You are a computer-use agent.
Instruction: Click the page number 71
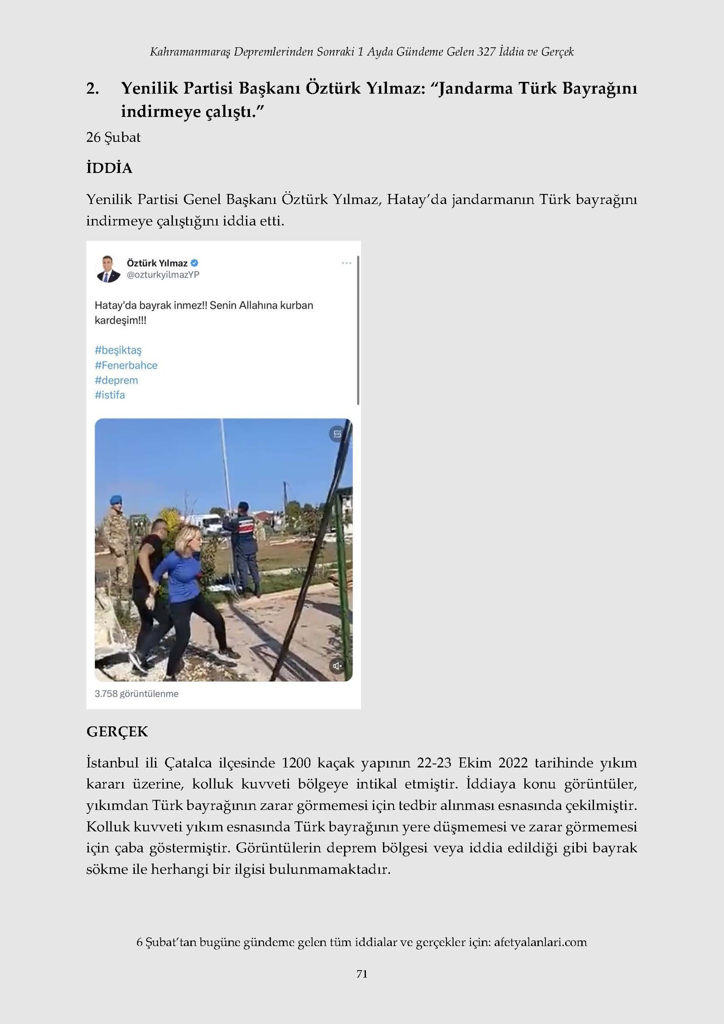click(362, 973)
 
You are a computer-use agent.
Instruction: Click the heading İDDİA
click(109, 168)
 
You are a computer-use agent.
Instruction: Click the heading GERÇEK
click(117, 731)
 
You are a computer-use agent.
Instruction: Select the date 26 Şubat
click(113, 137)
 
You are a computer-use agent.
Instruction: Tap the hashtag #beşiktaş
click(118, 350)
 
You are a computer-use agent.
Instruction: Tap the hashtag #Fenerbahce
click(126, 365)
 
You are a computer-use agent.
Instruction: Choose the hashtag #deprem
click(116, 380)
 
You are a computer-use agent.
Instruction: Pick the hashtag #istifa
click(109, 395)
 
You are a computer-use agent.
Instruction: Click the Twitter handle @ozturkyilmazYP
click(163, 274)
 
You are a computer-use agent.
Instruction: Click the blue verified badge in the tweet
click(194, 263)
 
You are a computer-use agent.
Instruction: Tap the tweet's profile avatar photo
click(108, 269)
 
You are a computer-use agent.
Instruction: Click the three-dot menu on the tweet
click(346, 263)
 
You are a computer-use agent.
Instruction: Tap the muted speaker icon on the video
click(337, 665)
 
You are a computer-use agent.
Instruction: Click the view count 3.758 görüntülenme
click(136, 693)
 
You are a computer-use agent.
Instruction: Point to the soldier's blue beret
click(116, 499)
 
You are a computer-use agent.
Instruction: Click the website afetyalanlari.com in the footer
click(540, 942)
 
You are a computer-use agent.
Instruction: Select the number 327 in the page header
click(486, 51)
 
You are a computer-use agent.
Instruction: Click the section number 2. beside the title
click(92, 88)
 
